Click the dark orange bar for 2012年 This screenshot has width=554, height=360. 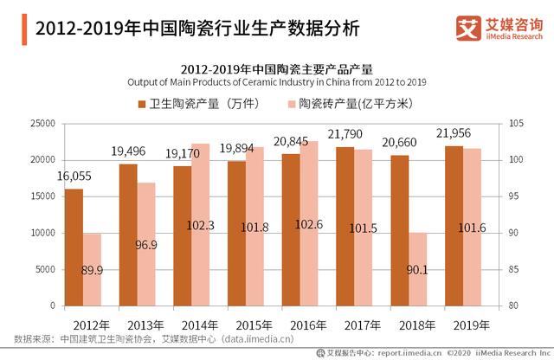(x=74, y=247)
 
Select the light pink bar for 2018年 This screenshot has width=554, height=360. (x=417, y=269)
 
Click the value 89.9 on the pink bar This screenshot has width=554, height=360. (x=93, y=270)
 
